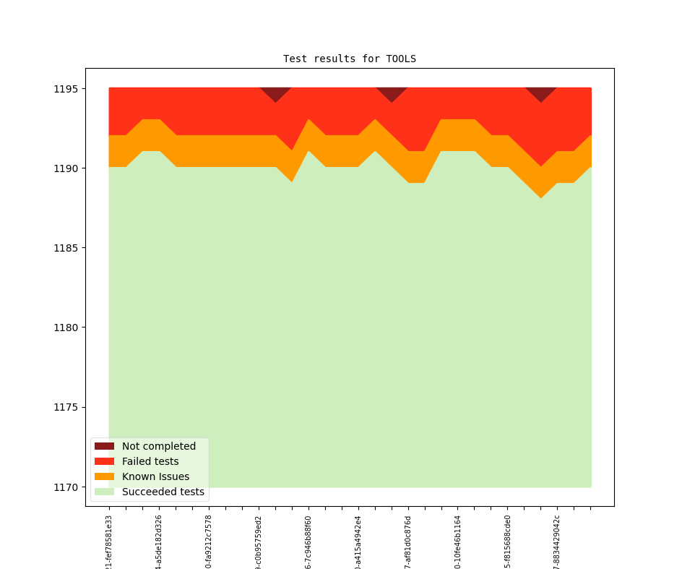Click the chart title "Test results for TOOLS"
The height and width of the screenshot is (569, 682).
tap(349, 59)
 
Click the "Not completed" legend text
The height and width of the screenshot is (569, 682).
tap(158, 446)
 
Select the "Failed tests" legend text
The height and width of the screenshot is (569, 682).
tap(150, 461)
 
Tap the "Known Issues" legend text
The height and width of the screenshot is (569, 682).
tap(155, 476)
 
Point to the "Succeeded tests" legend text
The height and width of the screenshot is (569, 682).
tap(163, 492)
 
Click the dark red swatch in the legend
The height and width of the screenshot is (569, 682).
tap(104, 446)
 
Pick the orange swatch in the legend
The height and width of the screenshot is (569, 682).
tap(104, 476)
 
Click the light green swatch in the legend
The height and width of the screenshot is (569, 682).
tap(104, 492)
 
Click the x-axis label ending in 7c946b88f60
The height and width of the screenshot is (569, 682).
tap(308, 542)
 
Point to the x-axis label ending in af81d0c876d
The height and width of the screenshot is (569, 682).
tap(408, 542)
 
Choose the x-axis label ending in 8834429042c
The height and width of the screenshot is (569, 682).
tap(557, 542)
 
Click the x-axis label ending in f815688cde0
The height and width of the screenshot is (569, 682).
tap(507, 542)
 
